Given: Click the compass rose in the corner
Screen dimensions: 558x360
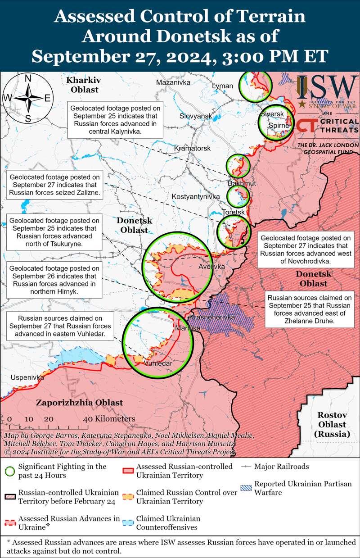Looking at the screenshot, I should [x=27, y=98].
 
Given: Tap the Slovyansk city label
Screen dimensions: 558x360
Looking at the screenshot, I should [x=196, y=116].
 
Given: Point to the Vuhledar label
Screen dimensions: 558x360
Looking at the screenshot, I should [x=158, y=363].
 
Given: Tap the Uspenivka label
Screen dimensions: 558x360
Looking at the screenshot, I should [x=22, y=377].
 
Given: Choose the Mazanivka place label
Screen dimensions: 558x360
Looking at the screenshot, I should [x=173, y=82].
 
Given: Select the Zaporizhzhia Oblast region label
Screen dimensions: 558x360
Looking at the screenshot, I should [x=80, y=402].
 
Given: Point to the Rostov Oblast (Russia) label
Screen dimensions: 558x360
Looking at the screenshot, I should [x=332, y=424].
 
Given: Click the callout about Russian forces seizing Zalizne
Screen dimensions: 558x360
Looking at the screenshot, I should [x=54, y=185].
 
